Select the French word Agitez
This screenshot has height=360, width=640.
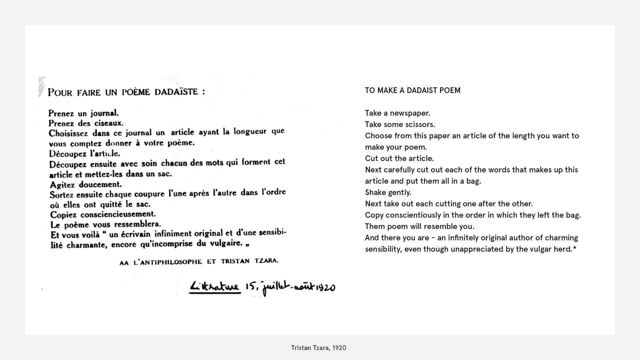pos(62,185)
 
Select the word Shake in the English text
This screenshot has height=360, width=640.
pos(375,192)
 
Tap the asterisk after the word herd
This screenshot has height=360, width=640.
pos(574,248)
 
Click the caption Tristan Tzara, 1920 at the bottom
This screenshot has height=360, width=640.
pos(318,348)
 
